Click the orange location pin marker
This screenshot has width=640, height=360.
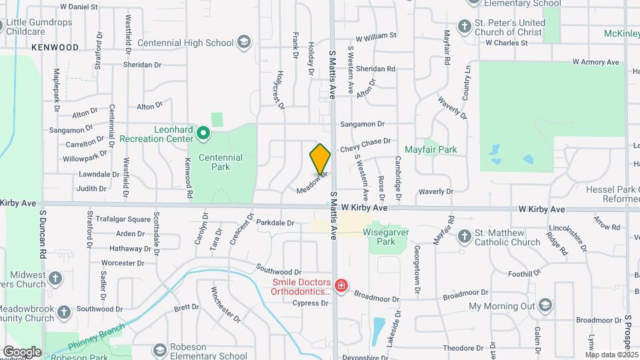(x=320, y=158)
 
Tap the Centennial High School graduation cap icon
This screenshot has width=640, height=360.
(x=245, y=43)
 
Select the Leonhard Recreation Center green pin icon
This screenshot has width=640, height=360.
(x=204, y=135)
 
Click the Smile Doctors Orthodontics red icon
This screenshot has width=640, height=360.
(x=341, y=286)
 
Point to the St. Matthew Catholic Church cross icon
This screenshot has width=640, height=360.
(x=465, y=237)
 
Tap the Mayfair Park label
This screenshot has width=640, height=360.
(x=431, y=150)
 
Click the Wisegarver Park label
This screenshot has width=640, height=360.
(x=385, y=237)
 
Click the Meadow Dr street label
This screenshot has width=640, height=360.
(x=313, y=182)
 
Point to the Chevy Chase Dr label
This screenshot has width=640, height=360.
(x=365, y=145)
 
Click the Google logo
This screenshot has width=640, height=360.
(x=22, y=351)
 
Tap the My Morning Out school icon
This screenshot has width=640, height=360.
(x=545, y=306)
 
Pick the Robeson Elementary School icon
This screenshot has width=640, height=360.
(x=159, y=350)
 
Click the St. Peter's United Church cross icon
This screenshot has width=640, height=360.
(x=465, y=27)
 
